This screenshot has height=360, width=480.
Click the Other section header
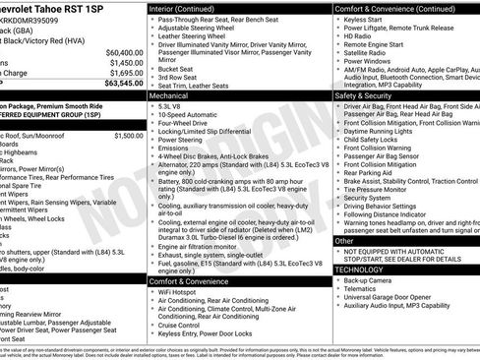pos(344,240)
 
